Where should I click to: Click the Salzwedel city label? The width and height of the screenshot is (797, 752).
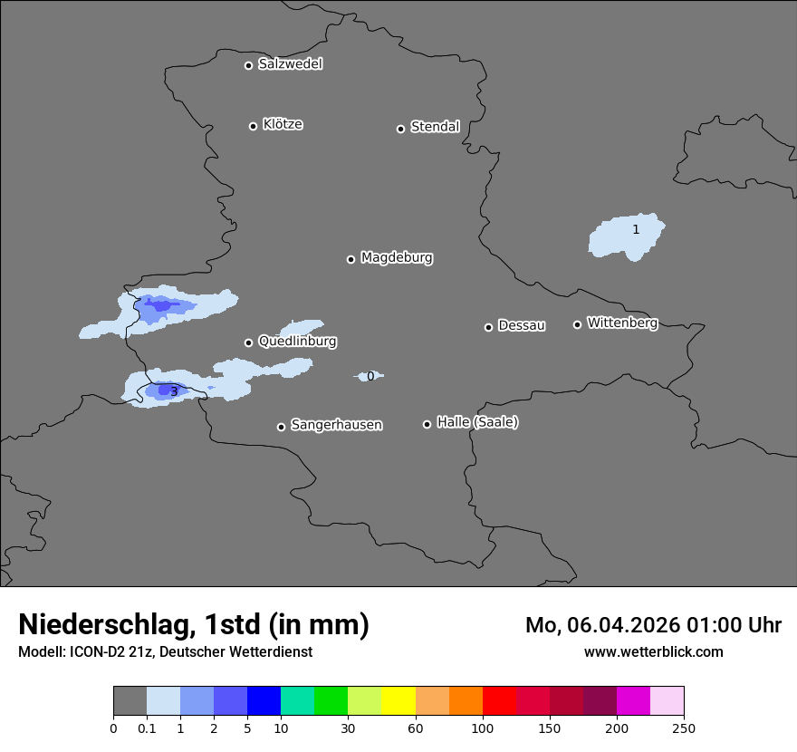pos(290,64)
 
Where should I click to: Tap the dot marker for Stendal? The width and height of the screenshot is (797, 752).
pos(400,129)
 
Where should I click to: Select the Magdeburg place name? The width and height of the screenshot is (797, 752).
pos(396,258)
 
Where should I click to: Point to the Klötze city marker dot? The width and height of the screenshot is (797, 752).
pos(253,126)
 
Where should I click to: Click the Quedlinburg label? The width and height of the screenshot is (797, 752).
pos(297,342)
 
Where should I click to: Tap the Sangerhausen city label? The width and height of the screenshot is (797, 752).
pos(336,425)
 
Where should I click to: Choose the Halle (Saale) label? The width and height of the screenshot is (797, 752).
pos(477,422)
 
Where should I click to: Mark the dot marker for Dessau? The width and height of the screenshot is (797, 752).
pos(488,327)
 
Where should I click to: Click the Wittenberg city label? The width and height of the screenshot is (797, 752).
pos(622,323)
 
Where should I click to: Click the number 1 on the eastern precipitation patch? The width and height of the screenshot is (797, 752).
pos(636,230)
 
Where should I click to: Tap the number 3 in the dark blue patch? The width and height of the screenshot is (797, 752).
pos(174,391)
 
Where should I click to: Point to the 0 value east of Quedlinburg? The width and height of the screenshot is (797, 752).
pos(370,376)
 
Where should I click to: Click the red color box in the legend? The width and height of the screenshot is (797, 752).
pos(499,701)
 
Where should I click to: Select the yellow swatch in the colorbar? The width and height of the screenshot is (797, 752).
pos(398,701)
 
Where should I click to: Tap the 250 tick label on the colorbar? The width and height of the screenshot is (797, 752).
pos(684,728)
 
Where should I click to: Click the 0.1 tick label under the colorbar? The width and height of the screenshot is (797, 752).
pos(147,728)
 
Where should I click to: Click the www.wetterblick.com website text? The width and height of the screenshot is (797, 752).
pos(653,652)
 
